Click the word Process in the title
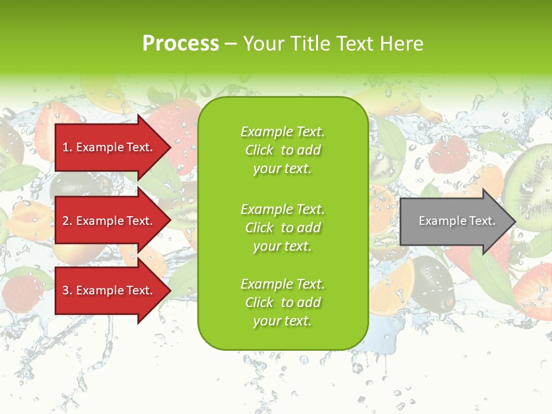181,44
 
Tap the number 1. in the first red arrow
67,147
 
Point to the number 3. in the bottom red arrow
67,290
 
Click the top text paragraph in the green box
282,150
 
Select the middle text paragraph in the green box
282,228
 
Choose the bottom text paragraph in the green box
282,302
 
